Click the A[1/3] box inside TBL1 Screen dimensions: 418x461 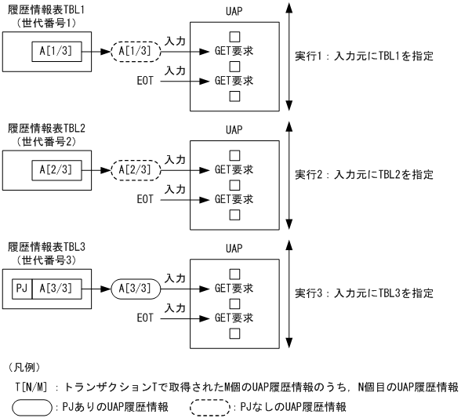(x=52, y=52)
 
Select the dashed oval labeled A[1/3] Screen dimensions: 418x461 (x=138, y=52)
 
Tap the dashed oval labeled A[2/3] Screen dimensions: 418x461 (x=138, y=169)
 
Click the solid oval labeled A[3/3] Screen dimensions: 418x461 (x=138, y=287)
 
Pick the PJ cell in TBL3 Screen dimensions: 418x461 (x=23, y=287)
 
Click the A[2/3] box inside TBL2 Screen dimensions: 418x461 (x=52, y=169)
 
